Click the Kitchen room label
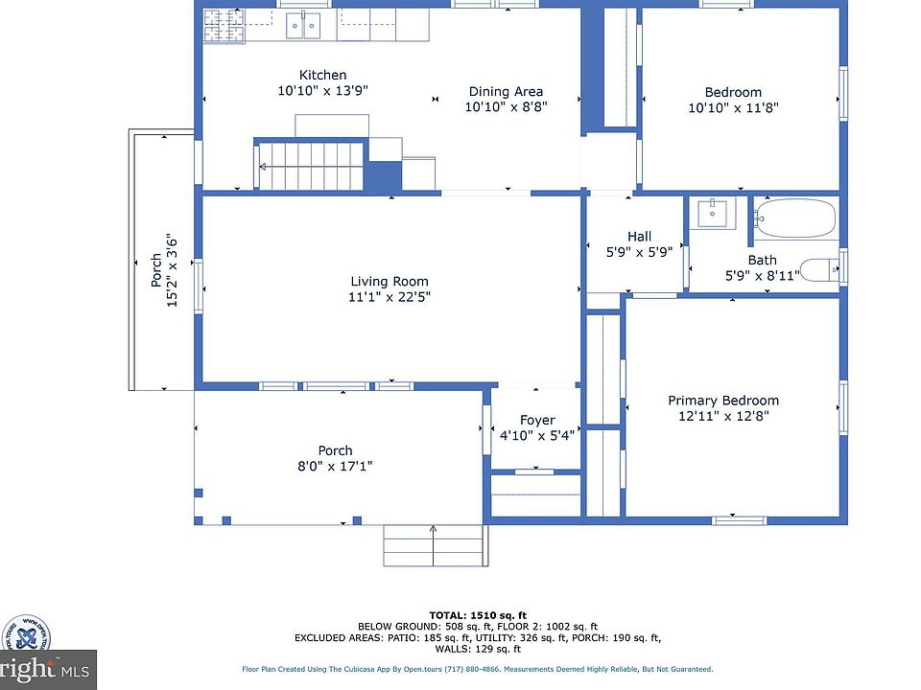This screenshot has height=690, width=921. pos(322,75)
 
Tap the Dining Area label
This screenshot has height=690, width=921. pos(506,92)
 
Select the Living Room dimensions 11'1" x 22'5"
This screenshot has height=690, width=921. pos(390,297)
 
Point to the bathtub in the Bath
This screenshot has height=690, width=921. pos(794,218)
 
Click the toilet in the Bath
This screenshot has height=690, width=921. pos(820,270)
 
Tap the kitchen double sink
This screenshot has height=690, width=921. pos(303,26)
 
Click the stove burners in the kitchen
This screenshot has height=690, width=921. pos(224,27)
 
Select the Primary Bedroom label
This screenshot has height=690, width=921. pos(723,401)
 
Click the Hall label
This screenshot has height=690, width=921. pos(639,237)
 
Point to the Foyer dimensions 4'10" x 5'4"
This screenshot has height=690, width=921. pos(537,435)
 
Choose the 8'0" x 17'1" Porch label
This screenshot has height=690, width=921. pos(336,466)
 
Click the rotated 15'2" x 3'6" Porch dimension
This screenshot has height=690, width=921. pos(172,271)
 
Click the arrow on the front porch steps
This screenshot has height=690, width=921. pos(434,545)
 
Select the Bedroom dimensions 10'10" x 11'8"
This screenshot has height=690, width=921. pos(733,108)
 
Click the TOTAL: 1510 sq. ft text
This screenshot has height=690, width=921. pos(478,615)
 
